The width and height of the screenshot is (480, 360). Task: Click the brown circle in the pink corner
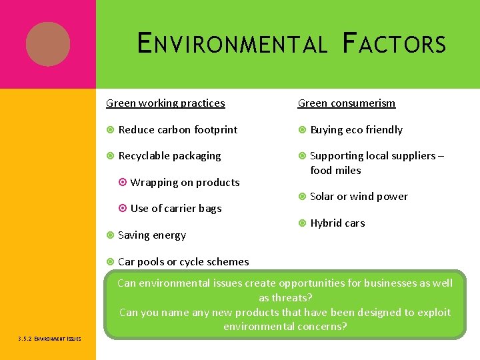point(48,44)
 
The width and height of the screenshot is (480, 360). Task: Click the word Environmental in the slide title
point(232,45)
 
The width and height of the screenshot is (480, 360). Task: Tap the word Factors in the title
point(393,45)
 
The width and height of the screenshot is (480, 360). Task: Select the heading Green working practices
point(165,103)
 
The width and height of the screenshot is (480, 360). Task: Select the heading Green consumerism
point(346,103)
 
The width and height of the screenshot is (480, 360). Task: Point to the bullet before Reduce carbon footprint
point(110,130)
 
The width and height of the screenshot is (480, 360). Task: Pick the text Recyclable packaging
point(169,156)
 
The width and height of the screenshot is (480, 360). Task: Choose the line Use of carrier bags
point(176,209)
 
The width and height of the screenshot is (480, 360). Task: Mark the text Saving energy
point(151,235)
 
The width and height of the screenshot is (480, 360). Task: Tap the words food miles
point(335,171)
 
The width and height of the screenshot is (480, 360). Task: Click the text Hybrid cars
point(337,223)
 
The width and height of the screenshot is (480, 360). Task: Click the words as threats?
point(285,298)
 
